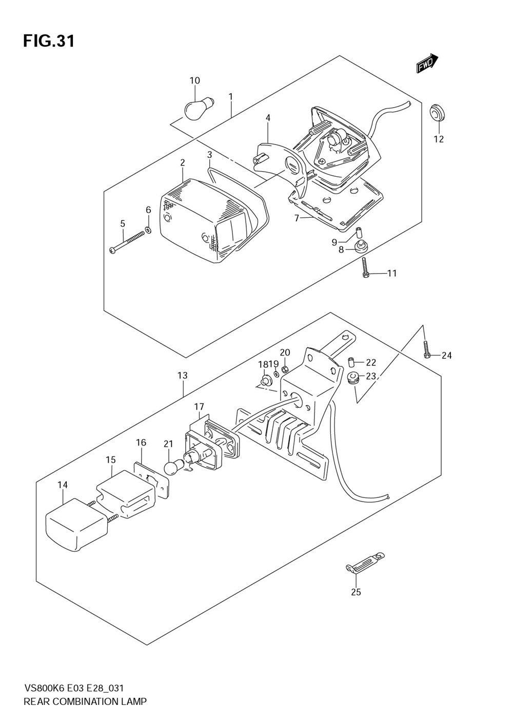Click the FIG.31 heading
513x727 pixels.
[49, 41]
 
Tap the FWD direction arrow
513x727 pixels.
[427, 63]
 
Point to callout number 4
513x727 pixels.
[268, 118]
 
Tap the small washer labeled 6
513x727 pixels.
[148, 230]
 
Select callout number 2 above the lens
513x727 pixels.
[183, 162]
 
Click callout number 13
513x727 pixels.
[183, 376]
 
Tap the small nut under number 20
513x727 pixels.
[285, 368]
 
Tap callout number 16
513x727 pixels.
[141, 443]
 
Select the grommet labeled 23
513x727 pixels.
[353, 379]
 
